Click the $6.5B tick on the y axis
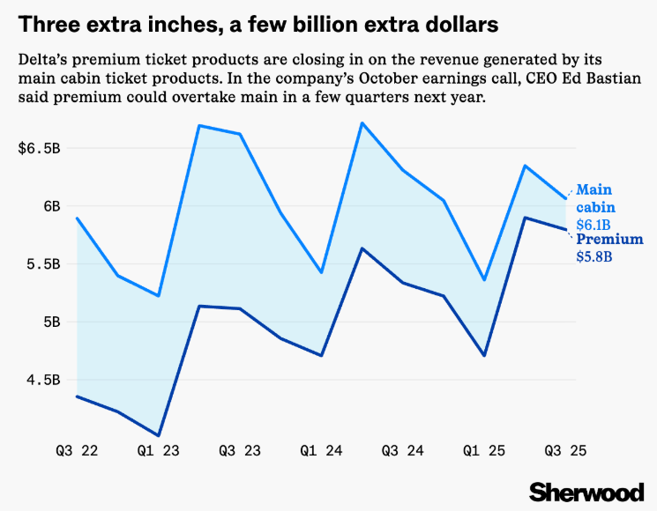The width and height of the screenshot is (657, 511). click(x=39, y=148)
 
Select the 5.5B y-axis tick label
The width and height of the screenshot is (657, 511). click(x=43, y=263)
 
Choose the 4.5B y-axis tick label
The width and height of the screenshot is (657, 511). click(x=43, y=380)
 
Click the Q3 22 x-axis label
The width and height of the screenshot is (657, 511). click(x=77, y=450)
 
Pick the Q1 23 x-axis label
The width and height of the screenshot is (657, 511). click(x=159, y=450)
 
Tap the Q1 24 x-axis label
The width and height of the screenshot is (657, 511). click(x=321, y=450)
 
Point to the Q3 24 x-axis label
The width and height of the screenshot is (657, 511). click(x=402, y=450)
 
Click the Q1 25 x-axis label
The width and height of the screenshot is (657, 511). click(x=483, y=450)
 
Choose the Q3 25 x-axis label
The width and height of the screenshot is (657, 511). click(x=564, y=450)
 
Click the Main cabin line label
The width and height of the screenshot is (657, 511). click(x=595, y=198)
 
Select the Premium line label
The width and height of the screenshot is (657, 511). click(x=609, y=240)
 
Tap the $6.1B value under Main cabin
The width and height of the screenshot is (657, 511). click(x=594, y=225)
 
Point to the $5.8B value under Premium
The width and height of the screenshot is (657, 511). click(x=594, y=257)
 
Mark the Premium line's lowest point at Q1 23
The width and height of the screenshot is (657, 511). click(x=159, y=435)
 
